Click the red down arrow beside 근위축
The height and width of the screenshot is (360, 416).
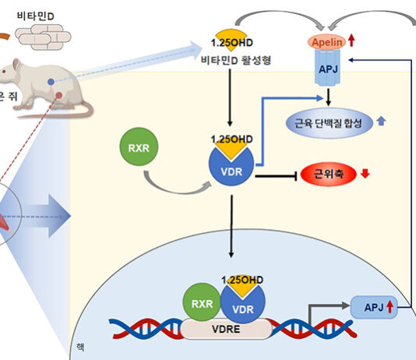(x=365, y=171)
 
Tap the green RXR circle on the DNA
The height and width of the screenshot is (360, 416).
(x=202, y=305)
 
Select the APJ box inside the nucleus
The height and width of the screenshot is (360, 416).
(x=366, y=305)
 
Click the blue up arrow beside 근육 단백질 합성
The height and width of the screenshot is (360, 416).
(x=381, y=122)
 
